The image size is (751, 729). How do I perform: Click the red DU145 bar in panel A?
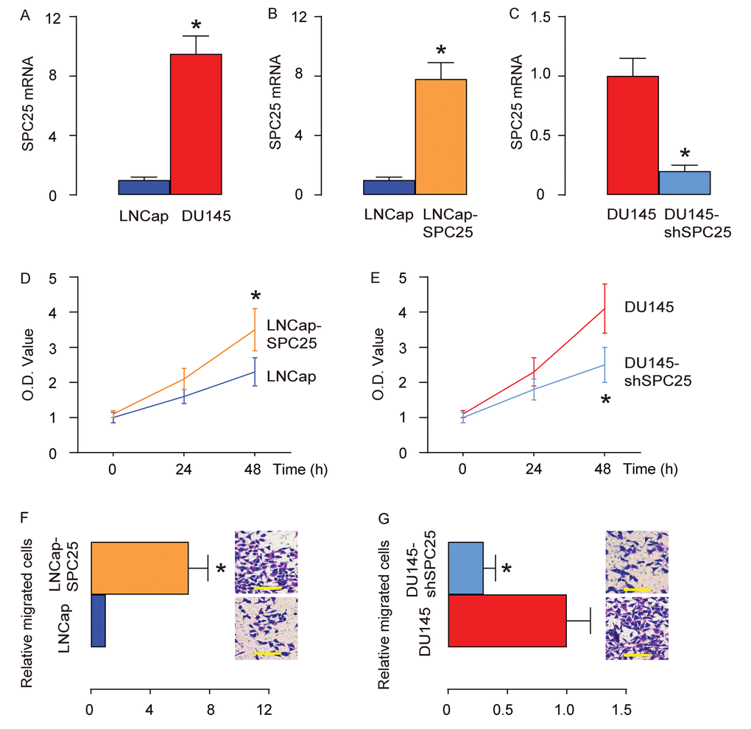(196, 124)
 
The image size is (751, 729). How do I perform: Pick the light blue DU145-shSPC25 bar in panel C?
(684, 183)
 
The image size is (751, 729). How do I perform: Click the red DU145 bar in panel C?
(632, 135)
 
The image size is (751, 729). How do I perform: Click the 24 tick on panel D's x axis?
(184, 468)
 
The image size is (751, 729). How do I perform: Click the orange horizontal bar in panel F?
(139, 568)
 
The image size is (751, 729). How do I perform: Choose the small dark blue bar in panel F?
(98, 620)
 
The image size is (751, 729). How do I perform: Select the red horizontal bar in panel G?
(507, 620)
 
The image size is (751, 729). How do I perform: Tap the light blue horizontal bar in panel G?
(465, 568)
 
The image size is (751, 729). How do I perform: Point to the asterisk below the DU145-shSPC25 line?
(605, 400)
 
